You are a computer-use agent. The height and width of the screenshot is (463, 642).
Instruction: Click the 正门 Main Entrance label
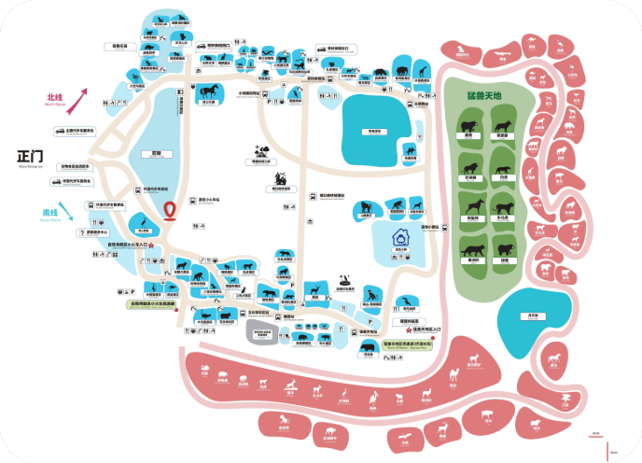tap(31, 156)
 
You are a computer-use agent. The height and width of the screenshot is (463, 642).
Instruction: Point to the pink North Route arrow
tap(81, 96)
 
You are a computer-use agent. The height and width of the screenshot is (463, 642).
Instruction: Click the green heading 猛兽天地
tap(484, 96)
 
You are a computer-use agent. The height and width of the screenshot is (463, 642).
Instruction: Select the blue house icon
tap(399, 237)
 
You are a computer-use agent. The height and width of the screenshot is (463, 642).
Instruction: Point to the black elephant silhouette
tap(399, 72)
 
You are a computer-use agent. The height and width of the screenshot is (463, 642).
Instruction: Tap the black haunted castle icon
tap(277, 177)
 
